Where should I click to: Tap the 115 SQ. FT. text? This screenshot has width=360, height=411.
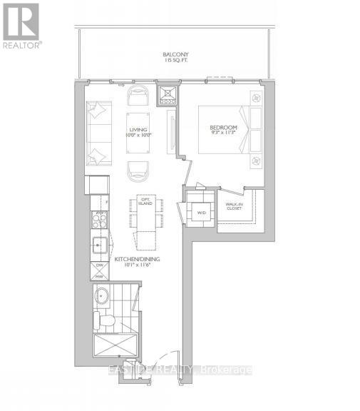point(174,60)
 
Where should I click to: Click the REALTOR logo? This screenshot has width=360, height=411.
point(21,24)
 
